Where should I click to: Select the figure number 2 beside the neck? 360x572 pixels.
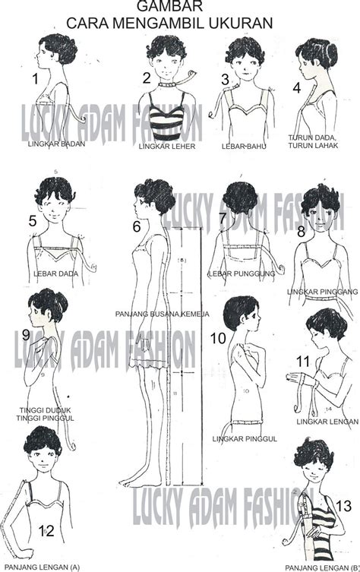tap(147, 77)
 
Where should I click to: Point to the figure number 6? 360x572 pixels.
tap(137, 226)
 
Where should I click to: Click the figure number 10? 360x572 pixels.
tap(218, 339)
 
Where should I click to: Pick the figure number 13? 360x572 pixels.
tap(343, 505)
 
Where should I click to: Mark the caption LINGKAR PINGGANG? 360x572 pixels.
tap(321, 291)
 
